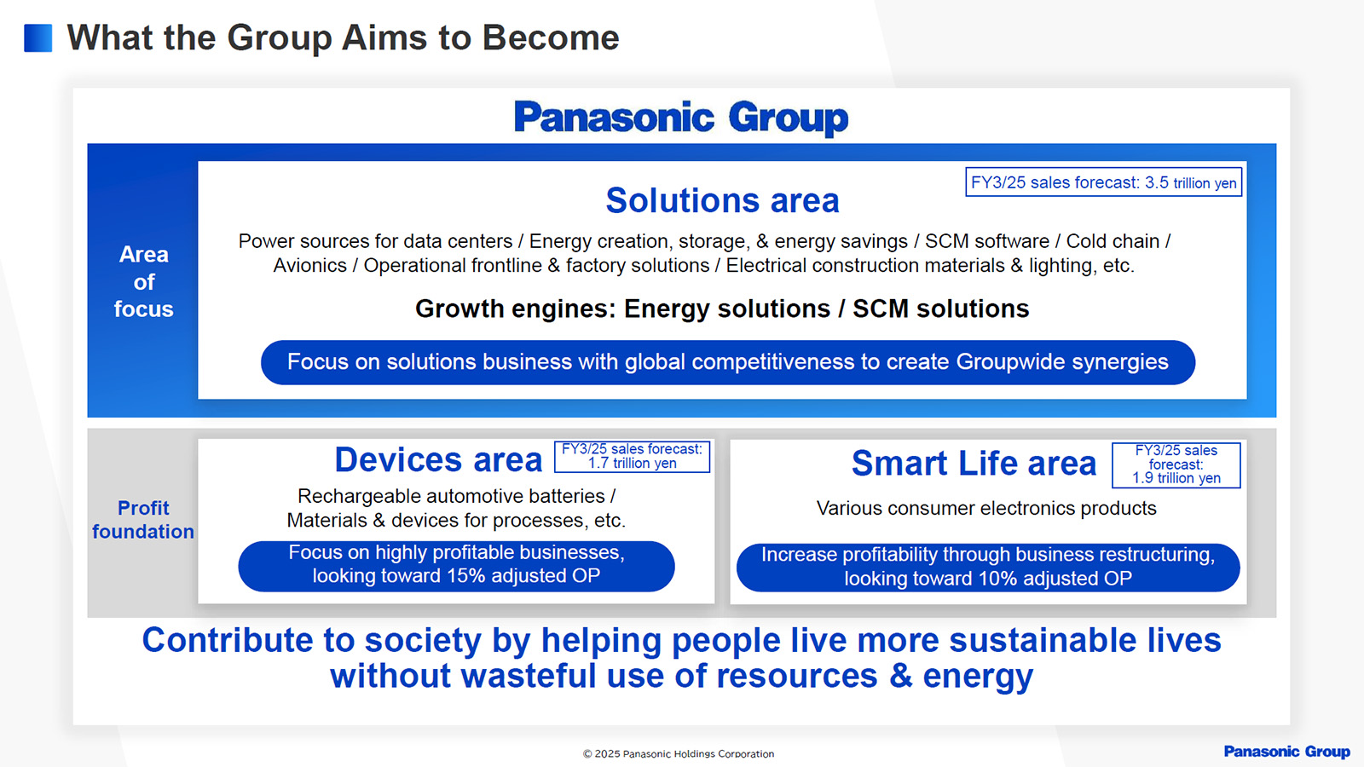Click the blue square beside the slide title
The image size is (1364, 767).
[x=38, y=37]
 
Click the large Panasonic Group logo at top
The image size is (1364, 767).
[x=681, y=118]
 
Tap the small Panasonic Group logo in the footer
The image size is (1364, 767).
[x=1286, y=752]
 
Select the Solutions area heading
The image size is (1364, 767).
[x=722, y=200]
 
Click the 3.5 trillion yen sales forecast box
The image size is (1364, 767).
[x=1103, y=182]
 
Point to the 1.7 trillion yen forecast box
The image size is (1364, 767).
[x=632, y=457]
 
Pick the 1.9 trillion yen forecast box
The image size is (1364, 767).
[x=1176, y=465]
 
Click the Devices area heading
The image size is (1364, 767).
[x=438, y=459]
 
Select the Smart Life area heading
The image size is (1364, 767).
[x=974, y=464]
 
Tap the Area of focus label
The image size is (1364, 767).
[x=144, y=281]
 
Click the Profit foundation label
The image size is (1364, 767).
[x=143, y=519]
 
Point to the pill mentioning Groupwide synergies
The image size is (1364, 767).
[x=728, y=362]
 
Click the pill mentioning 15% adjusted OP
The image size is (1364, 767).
[x=456, y=566]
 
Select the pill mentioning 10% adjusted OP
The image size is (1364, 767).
[x=988, y=568]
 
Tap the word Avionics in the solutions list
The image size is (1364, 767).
[x=310, y=265]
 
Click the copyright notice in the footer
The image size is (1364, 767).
[x=679, y=753]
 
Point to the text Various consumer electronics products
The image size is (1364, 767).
[x=985, y=508]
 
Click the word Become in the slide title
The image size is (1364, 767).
[x=551, y=37]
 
